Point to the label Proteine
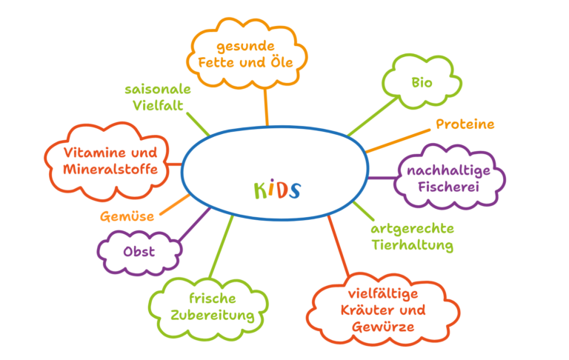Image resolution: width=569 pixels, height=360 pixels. pyautogui.click(x=465, y=124)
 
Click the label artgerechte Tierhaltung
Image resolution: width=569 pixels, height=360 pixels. pyautogui.click(x=412, y=236)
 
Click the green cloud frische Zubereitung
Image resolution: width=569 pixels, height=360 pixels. pyautogui.click(x=212, y=307)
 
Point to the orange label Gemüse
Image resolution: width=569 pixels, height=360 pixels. pyautogui.click(x=127, y=217)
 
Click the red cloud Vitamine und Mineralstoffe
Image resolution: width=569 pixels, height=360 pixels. pyautogui.click(x=110, y=161)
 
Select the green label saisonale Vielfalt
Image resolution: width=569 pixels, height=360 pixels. pyautogui.click(x=157, y=97)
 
